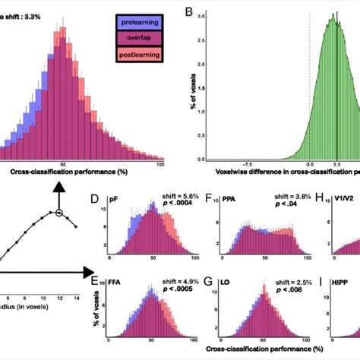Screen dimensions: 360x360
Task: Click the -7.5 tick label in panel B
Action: pyautogui.click(x=246, y=162)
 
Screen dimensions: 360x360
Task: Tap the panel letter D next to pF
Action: pyautogui.click(x=95, y=201)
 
